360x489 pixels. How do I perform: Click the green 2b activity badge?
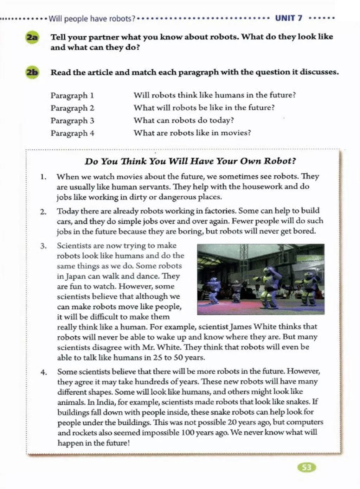tap(32, 72)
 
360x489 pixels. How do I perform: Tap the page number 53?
tap(307, 467)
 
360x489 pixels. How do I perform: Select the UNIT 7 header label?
tap(289, 18)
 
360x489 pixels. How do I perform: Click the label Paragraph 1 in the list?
tap(72, 95)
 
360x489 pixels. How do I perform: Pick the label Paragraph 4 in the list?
tap(72, 133)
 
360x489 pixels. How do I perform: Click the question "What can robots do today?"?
tap(184, 120)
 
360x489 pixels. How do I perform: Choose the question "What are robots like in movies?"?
tap(192, 133)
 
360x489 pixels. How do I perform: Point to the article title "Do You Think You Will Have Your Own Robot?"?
tap(190, 161)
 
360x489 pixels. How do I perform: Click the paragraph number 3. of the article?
tap(43, 246)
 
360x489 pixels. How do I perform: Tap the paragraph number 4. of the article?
tap(43, 372)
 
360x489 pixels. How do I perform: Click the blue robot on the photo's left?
tap(213, 288)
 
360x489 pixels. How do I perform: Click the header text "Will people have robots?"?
tap(92, 18)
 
